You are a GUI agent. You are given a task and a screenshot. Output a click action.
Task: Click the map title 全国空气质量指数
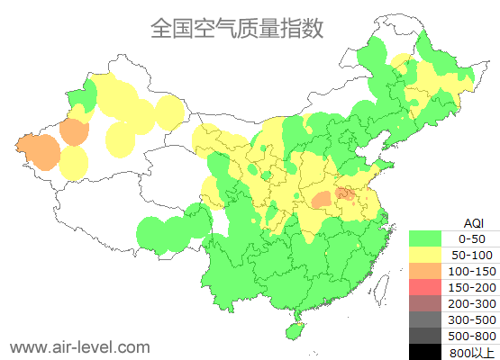(237, 29)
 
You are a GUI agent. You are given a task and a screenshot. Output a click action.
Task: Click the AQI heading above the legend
(473, 222)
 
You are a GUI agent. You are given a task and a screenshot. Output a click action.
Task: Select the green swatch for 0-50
(426, 238)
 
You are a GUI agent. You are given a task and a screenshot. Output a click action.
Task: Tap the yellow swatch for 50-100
(426, 255)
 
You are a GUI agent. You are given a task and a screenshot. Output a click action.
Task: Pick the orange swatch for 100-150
(426, 271)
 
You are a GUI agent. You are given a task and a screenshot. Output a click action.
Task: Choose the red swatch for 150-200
(426, 287)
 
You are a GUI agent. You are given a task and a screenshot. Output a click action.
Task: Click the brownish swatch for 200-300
(426, 303)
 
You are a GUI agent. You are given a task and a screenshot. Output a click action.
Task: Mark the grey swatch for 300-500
(426, 319)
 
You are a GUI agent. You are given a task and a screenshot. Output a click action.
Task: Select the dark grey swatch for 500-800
(426, 336)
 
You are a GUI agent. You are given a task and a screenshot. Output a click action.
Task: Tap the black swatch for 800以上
(426, 351)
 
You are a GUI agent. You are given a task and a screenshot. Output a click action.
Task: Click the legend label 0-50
(472, 238)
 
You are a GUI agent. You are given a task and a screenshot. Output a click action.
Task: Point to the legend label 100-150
(472, 271)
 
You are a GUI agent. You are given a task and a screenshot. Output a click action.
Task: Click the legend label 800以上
(472, 352)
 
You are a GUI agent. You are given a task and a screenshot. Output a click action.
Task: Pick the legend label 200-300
(472, 303)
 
